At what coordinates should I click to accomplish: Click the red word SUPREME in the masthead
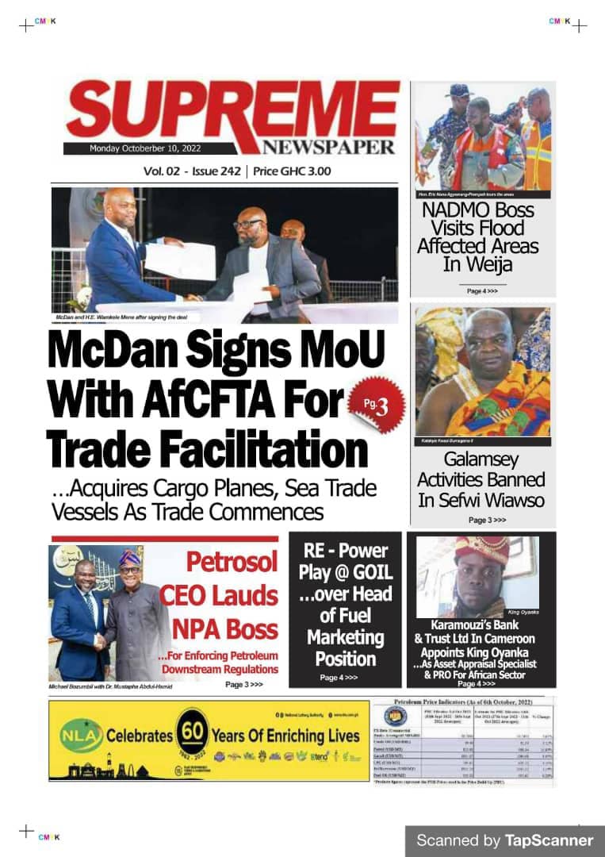click(230, 115)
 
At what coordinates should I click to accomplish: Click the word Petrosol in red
click(232, 563)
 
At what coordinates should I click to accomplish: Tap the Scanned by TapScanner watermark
click(504, 840)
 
